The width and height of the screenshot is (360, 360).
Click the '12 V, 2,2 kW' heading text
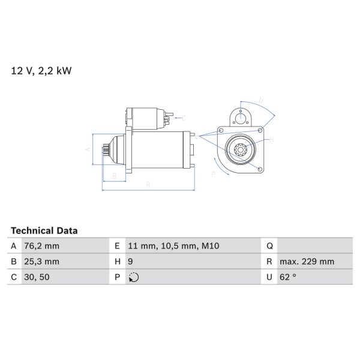(x=41, y=71)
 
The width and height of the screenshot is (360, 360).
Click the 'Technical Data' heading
(x=44, y=230)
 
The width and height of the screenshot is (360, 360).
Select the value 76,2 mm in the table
(x=42, y=246)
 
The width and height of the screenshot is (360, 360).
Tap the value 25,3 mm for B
(x=42, y=262)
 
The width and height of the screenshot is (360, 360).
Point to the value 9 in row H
(x=131, y=262)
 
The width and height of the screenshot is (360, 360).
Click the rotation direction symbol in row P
(x=134, y=277)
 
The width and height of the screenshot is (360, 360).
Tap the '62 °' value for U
(x=289, y=277)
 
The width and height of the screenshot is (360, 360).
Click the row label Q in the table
(x=269, y=246)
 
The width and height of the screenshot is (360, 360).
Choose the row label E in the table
(x=116, y=246)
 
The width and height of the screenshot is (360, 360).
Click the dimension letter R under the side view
(x=148, y=184)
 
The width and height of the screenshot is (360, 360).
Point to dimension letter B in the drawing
(x=114, y=176)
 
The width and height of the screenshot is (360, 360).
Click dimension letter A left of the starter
(x=87, y=149)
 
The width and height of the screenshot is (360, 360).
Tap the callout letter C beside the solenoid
(x=184, y=118)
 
